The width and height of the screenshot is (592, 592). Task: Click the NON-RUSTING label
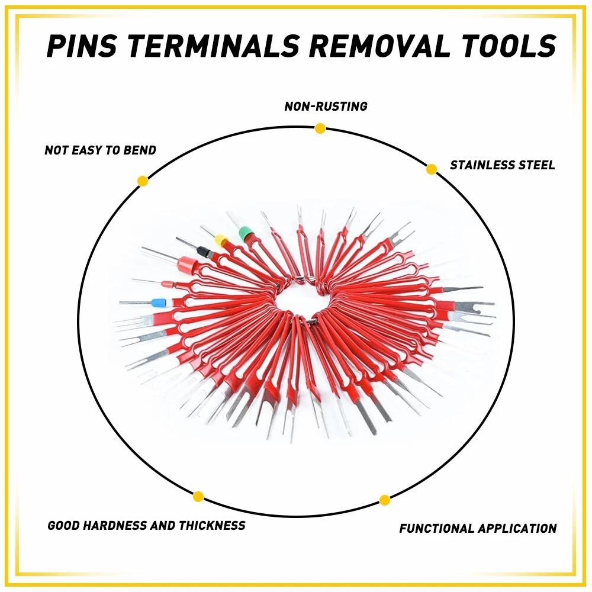pos(326,107)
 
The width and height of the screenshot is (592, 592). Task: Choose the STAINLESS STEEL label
pos(503,165)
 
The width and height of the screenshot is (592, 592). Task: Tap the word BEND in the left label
pos(140,150)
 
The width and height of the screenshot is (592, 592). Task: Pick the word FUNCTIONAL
pos(437,528)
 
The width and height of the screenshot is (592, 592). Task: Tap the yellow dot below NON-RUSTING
pos(320,128)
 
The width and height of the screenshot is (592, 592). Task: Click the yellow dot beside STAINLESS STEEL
pos(432,169)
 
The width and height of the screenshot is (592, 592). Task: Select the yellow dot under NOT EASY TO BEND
pos(142,181)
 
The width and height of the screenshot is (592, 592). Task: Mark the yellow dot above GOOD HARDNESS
pos(198,497)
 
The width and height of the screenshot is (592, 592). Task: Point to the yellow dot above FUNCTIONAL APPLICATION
pos(385,500)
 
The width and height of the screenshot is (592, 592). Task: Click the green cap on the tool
pos(246,234)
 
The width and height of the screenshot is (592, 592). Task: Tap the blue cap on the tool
pos(158,303)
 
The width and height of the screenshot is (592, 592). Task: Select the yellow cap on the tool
pos(221,240)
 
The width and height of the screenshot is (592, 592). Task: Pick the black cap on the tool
pos(204,252)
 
